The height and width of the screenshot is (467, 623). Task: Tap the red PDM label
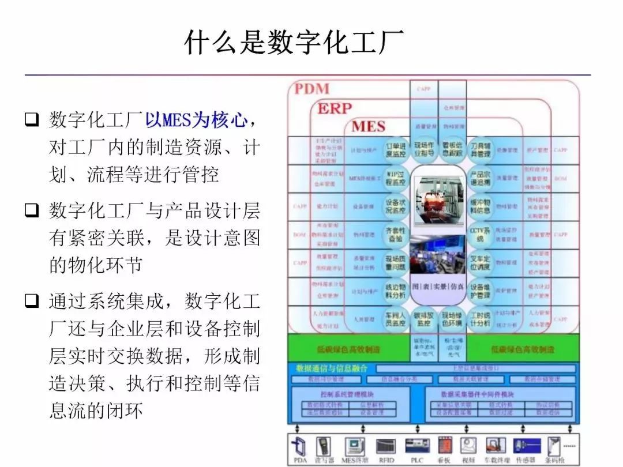[312, 89]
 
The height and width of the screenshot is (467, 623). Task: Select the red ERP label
[335, 108]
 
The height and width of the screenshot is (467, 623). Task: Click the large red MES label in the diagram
[368, 126]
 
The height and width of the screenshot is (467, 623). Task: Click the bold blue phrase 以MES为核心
[196, 120]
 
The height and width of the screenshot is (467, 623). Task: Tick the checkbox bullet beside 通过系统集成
[32, 301]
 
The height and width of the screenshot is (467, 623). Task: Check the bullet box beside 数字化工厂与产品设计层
[32, 210]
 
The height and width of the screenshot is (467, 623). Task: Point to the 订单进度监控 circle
[396, 149]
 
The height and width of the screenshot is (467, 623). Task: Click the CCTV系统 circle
[480, 235]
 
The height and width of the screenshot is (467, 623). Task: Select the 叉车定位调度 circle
[480, 263]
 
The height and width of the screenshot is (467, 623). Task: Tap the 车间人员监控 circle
[396, 319]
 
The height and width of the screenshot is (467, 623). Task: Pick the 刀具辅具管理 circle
[480, 149]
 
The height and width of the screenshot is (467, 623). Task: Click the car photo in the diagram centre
[438, 196]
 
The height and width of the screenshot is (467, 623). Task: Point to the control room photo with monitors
[438, 257]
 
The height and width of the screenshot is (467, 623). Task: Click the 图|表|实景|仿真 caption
[438, 287]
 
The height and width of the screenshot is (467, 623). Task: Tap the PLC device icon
[417, 447]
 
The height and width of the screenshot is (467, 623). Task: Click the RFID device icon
[385, 447]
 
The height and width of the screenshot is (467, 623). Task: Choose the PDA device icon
[299, 447]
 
